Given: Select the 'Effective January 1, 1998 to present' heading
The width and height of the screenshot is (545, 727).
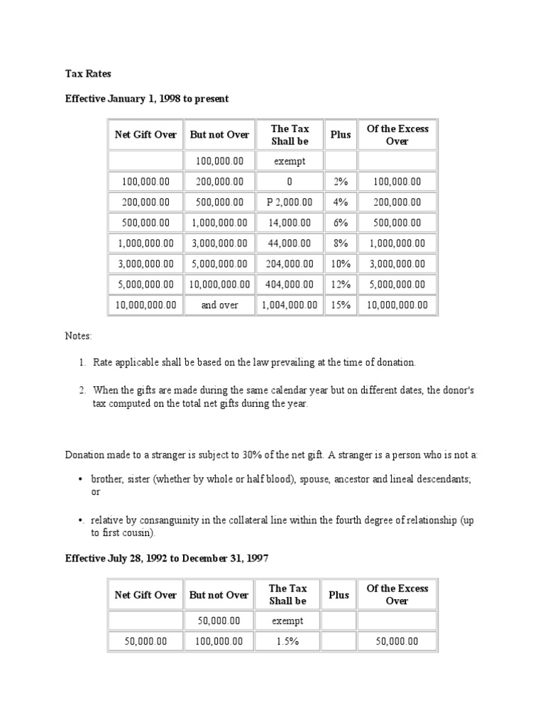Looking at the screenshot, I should tap(148, 99).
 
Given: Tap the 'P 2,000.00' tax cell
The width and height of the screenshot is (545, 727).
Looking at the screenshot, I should tap(289, 202).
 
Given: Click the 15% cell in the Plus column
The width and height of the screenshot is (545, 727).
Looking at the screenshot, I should tap(341, 305).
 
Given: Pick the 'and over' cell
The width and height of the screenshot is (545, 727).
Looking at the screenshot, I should tap(219, 305).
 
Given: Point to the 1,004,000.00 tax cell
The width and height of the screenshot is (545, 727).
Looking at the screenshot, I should tap(289, 305).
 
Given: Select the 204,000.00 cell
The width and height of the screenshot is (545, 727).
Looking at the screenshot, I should tap(289, 264).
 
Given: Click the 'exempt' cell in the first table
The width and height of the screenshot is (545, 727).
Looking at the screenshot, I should tap(289, 161).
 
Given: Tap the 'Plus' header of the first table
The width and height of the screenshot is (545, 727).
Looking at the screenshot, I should tap(341, 135).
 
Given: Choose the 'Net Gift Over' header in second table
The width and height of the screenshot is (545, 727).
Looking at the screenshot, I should tap(145, 595).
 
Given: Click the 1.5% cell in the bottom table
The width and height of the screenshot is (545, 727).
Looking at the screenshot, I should tap(289, 642).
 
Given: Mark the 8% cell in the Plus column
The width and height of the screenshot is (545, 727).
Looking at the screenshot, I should tap(341, 244).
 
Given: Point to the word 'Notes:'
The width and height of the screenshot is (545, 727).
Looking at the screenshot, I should tap(79, 335).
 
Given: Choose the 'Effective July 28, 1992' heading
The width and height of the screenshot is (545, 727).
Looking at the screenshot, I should tap(167, 559).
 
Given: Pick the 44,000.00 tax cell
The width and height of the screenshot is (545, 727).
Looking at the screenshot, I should tap(289, 244).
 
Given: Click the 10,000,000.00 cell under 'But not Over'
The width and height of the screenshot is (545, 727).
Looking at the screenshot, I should tap(219, 285).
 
